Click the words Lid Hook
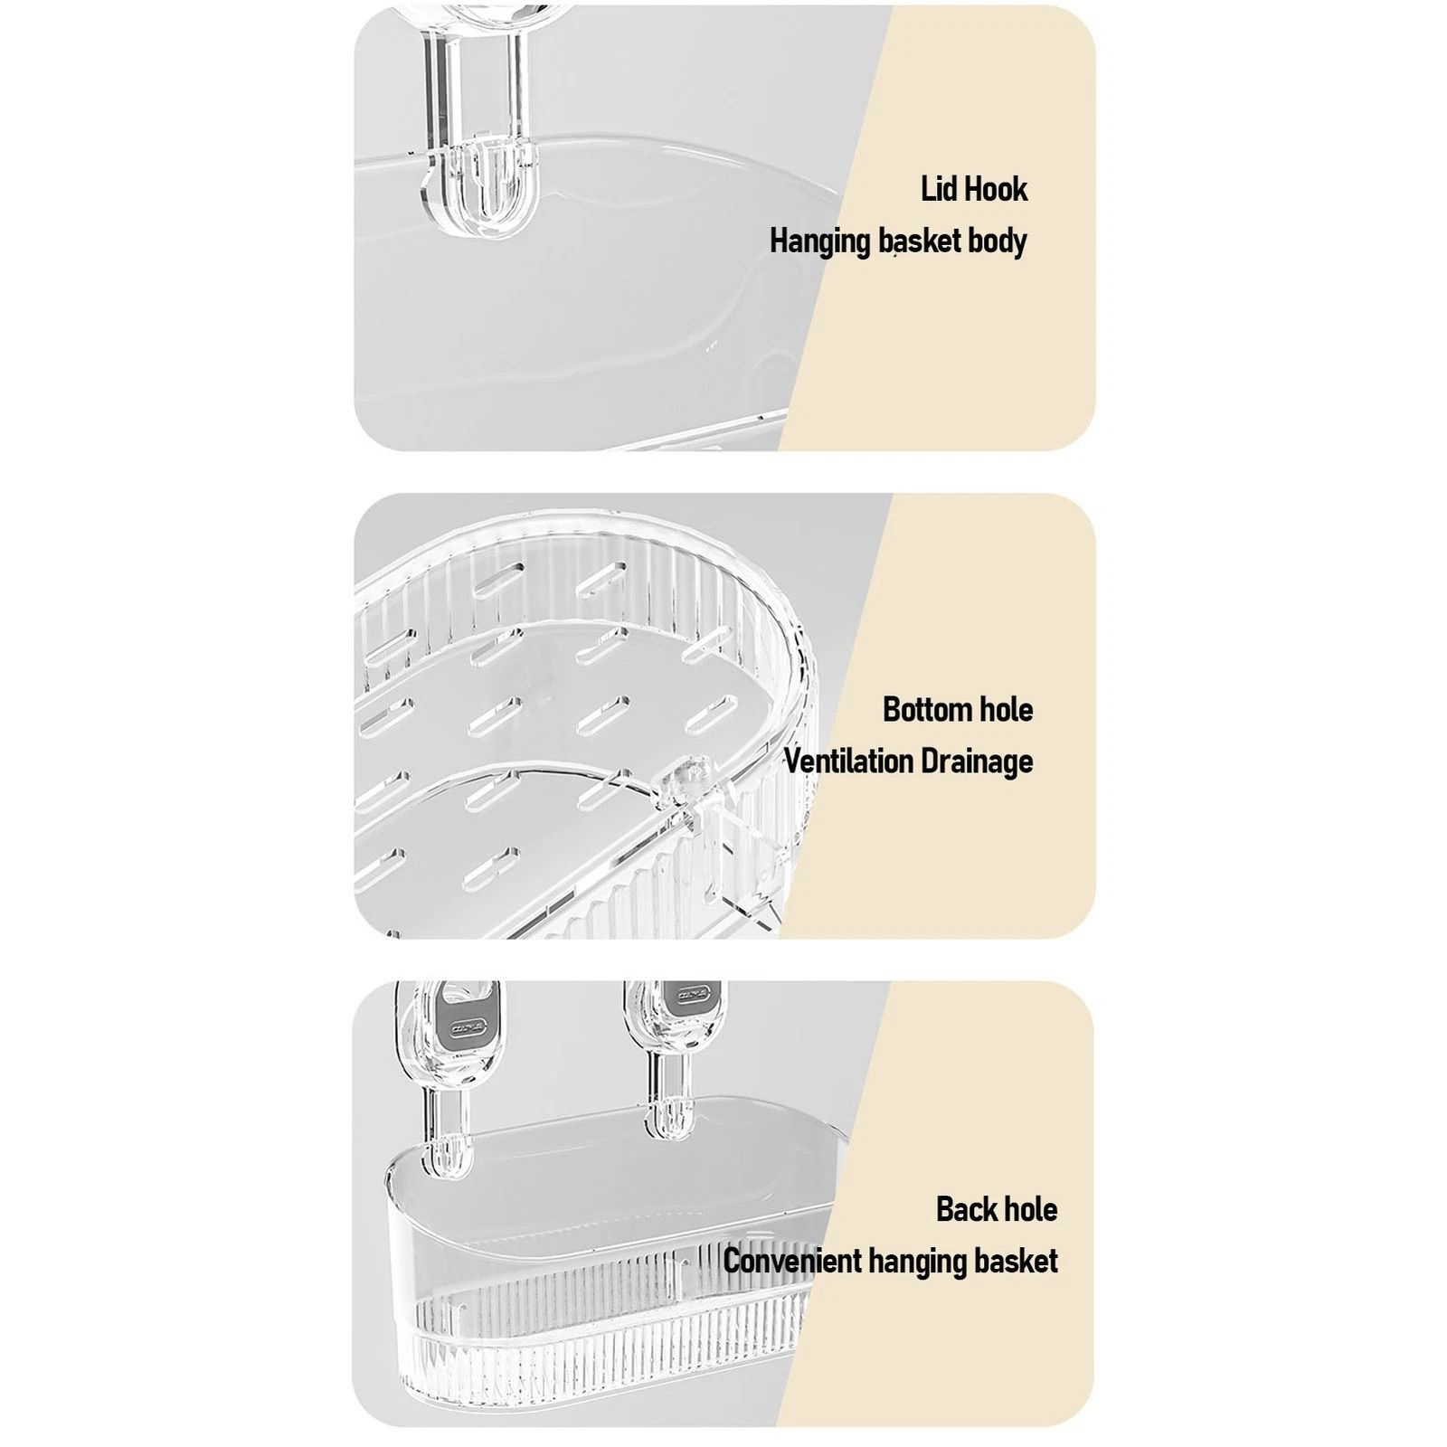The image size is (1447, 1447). tap(974, 189)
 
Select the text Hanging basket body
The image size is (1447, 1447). tap(898, 241)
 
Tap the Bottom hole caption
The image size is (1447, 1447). tap(958, 709)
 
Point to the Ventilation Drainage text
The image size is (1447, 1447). tap(908, 761)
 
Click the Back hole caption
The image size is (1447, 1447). tap(997, 1209)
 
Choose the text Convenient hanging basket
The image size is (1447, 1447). tap(891, 1261)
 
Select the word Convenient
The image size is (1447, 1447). tap(793, 1261)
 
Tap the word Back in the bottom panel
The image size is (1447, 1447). tap(966, 1209)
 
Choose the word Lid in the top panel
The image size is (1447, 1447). tap(938, 189)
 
